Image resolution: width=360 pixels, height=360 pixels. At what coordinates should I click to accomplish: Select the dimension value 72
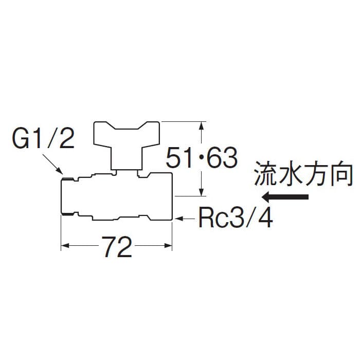tap(117, 248)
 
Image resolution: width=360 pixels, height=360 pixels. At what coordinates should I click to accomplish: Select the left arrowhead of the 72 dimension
tap(65, 248)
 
